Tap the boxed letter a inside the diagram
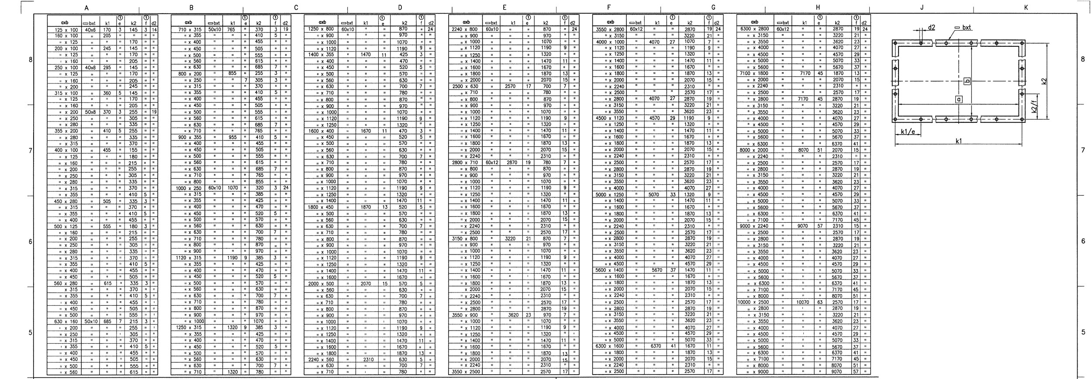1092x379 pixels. click(959, 100)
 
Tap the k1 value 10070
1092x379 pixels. click(803, 302)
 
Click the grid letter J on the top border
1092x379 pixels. click(921, 7)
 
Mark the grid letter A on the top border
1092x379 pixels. click(86, 7)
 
